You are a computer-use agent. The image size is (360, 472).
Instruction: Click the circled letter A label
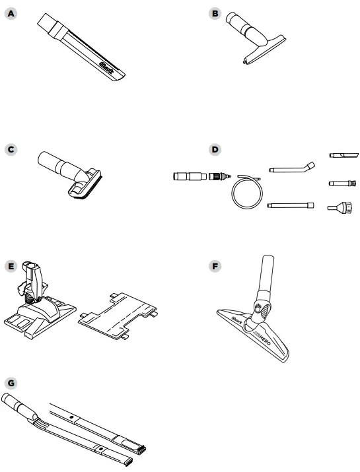pyautogui.click(x=10, y=14)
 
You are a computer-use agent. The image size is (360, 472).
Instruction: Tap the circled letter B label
pyautogui.click(x=214, y=14)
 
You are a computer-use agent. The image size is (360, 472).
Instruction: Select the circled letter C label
pyautogui.click(x=10, y=149)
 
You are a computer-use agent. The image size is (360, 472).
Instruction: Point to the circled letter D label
pyautogui.click(x=214, y=149)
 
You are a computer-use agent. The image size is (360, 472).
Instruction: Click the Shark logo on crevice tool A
pyautogui.click(x=107, y=67)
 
